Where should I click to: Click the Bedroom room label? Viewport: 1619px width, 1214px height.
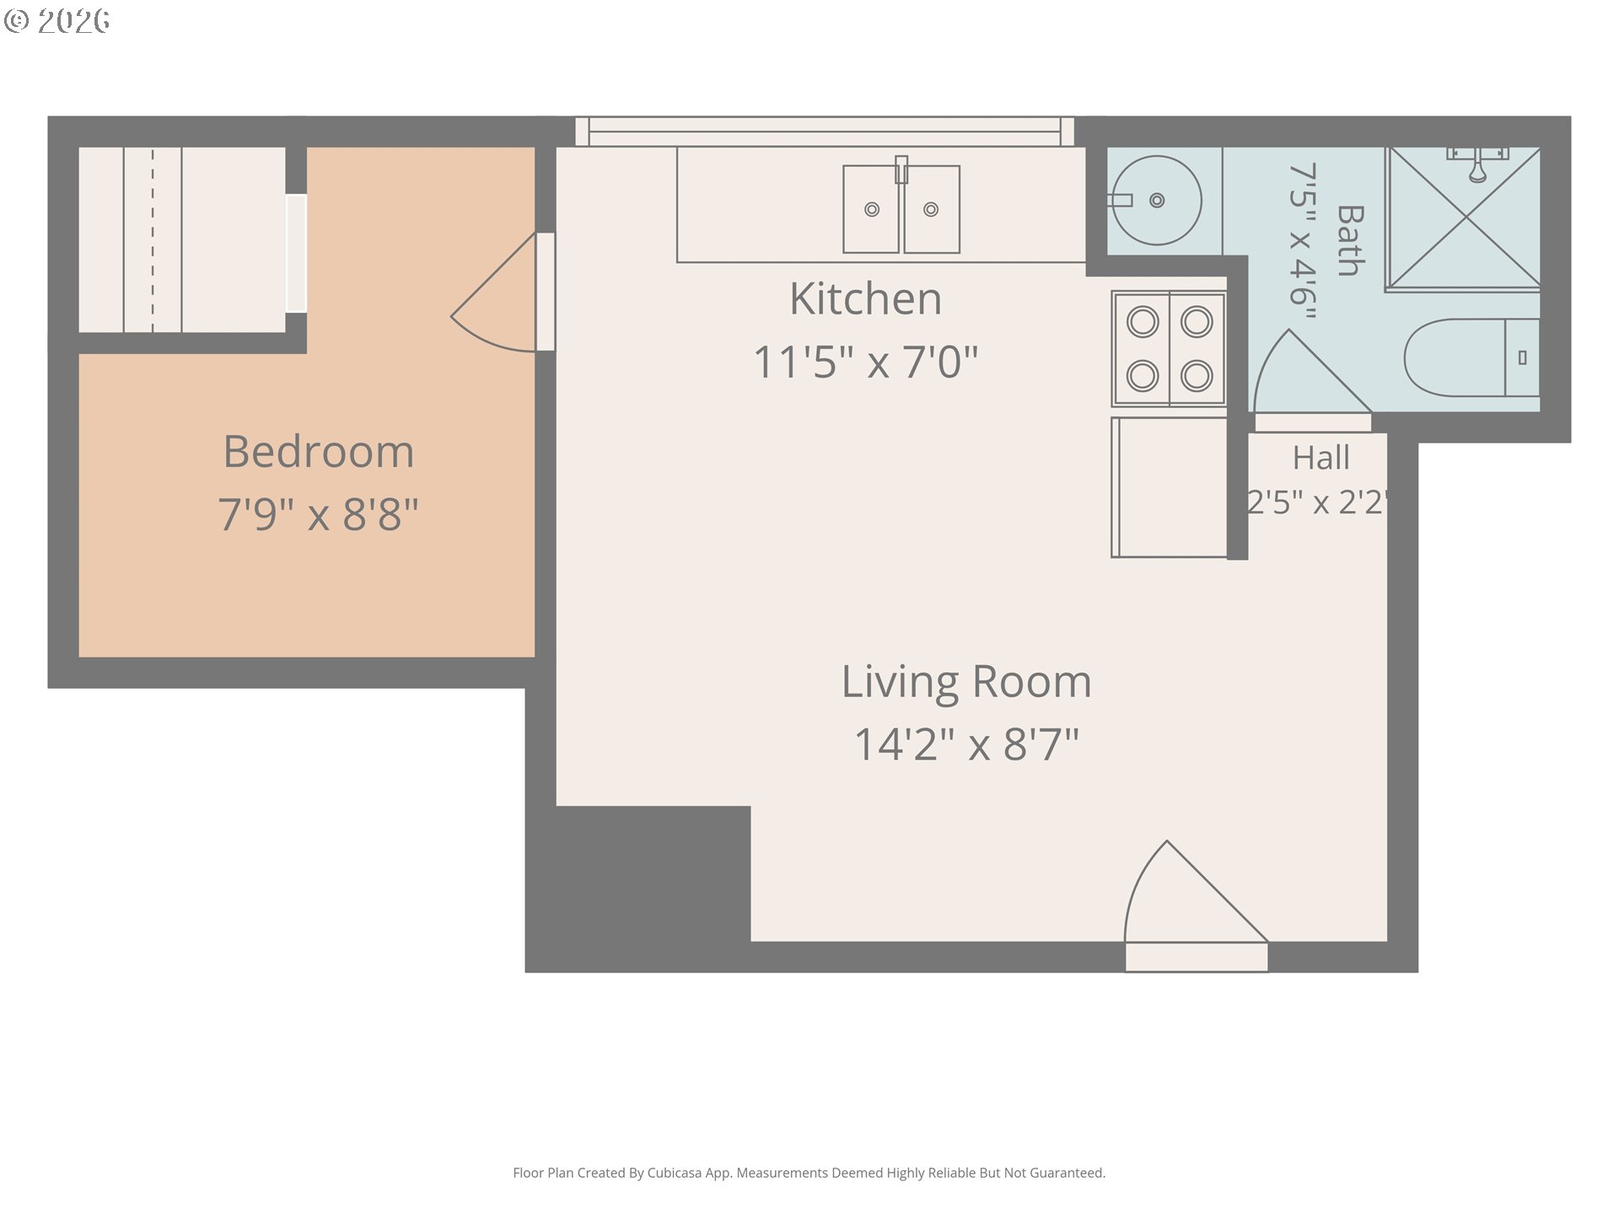319,451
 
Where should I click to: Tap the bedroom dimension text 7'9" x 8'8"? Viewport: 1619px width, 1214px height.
319,513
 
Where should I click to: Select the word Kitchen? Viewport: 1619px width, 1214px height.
865,298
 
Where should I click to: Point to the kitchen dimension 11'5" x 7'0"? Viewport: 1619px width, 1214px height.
865,362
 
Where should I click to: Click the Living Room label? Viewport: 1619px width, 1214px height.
966,682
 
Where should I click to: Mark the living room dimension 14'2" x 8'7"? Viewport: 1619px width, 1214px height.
966,744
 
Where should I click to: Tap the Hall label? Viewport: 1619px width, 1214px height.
1321,458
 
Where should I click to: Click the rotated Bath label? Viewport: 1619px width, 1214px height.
1351,240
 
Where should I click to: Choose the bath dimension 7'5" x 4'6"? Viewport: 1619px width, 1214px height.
1303,240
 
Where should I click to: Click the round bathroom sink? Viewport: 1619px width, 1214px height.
1157,201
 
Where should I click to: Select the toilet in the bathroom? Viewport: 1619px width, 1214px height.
1471,357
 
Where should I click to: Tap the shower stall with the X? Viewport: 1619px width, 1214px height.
1464,218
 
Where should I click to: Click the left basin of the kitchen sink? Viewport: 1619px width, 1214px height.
872,209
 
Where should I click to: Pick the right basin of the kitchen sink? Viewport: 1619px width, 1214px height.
932,209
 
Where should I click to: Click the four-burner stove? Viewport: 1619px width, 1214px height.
1169,348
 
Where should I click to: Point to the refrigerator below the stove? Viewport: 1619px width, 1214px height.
1169,487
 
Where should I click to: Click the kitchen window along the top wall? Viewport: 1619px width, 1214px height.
825,132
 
